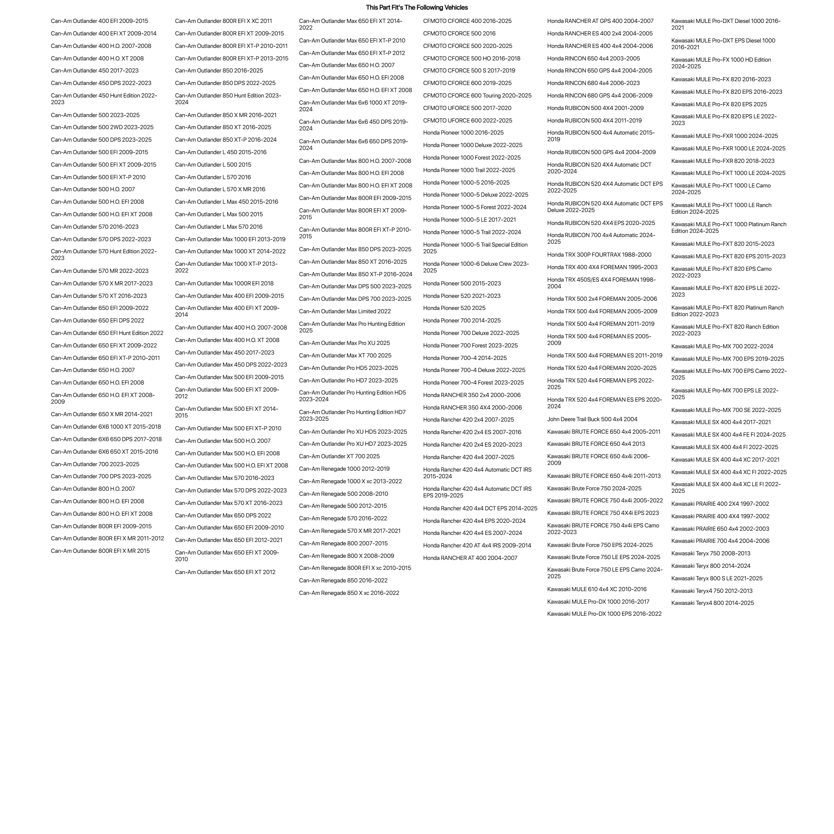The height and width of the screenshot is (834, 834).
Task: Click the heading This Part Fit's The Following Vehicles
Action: click(417, 7)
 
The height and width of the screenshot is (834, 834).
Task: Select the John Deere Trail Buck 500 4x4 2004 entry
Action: click(592, 419)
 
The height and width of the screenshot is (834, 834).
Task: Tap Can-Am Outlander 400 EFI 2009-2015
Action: click(99, 21)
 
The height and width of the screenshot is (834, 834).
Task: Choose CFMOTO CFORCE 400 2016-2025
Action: click(467, 21)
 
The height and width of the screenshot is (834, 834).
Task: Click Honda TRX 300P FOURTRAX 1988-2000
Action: click(599, 255)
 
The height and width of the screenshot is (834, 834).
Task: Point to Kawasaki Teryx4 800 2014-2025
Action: click(712, 603)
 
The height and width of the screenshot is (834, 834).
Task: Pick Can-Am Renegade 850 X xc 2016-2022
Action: click(349, 593)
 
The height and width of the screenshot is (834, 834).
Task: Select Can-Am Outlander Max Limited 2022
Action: click(345, 311)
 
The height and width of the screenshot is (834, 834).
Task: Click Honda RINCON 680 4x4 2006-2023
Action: click(593, 83)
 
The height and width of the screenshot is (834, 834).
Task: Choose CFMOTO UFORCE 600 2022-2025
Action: click(467, 120)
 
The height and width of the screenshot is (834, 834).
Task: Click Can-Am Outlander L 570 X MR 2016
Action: click(220, 189)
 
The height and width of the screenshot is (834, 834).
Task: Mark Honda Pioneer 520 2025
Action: click(454, 308)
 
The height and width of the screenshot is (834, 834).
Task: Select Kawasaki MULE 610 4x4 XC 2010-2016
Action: click(597, 589)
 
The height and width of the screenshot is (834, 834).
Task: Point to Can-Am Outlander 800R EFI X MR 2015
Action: click(100, 551)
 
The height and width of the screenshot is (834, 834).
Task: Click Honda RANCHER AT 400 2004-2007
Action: click(470, 558)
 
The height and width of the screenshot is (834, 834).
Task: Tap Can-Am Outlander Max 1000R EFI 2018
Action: click(224, 283)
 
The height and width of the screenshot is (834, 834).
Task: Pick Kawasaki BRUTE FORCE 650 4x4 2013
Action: click(596, 444)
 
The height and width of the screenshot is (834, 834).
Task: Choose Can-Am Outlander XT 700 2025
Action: click(339, 456)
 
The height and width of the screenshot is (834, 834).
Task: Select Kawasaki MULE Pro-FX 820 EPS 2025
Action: click(719, 104)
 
